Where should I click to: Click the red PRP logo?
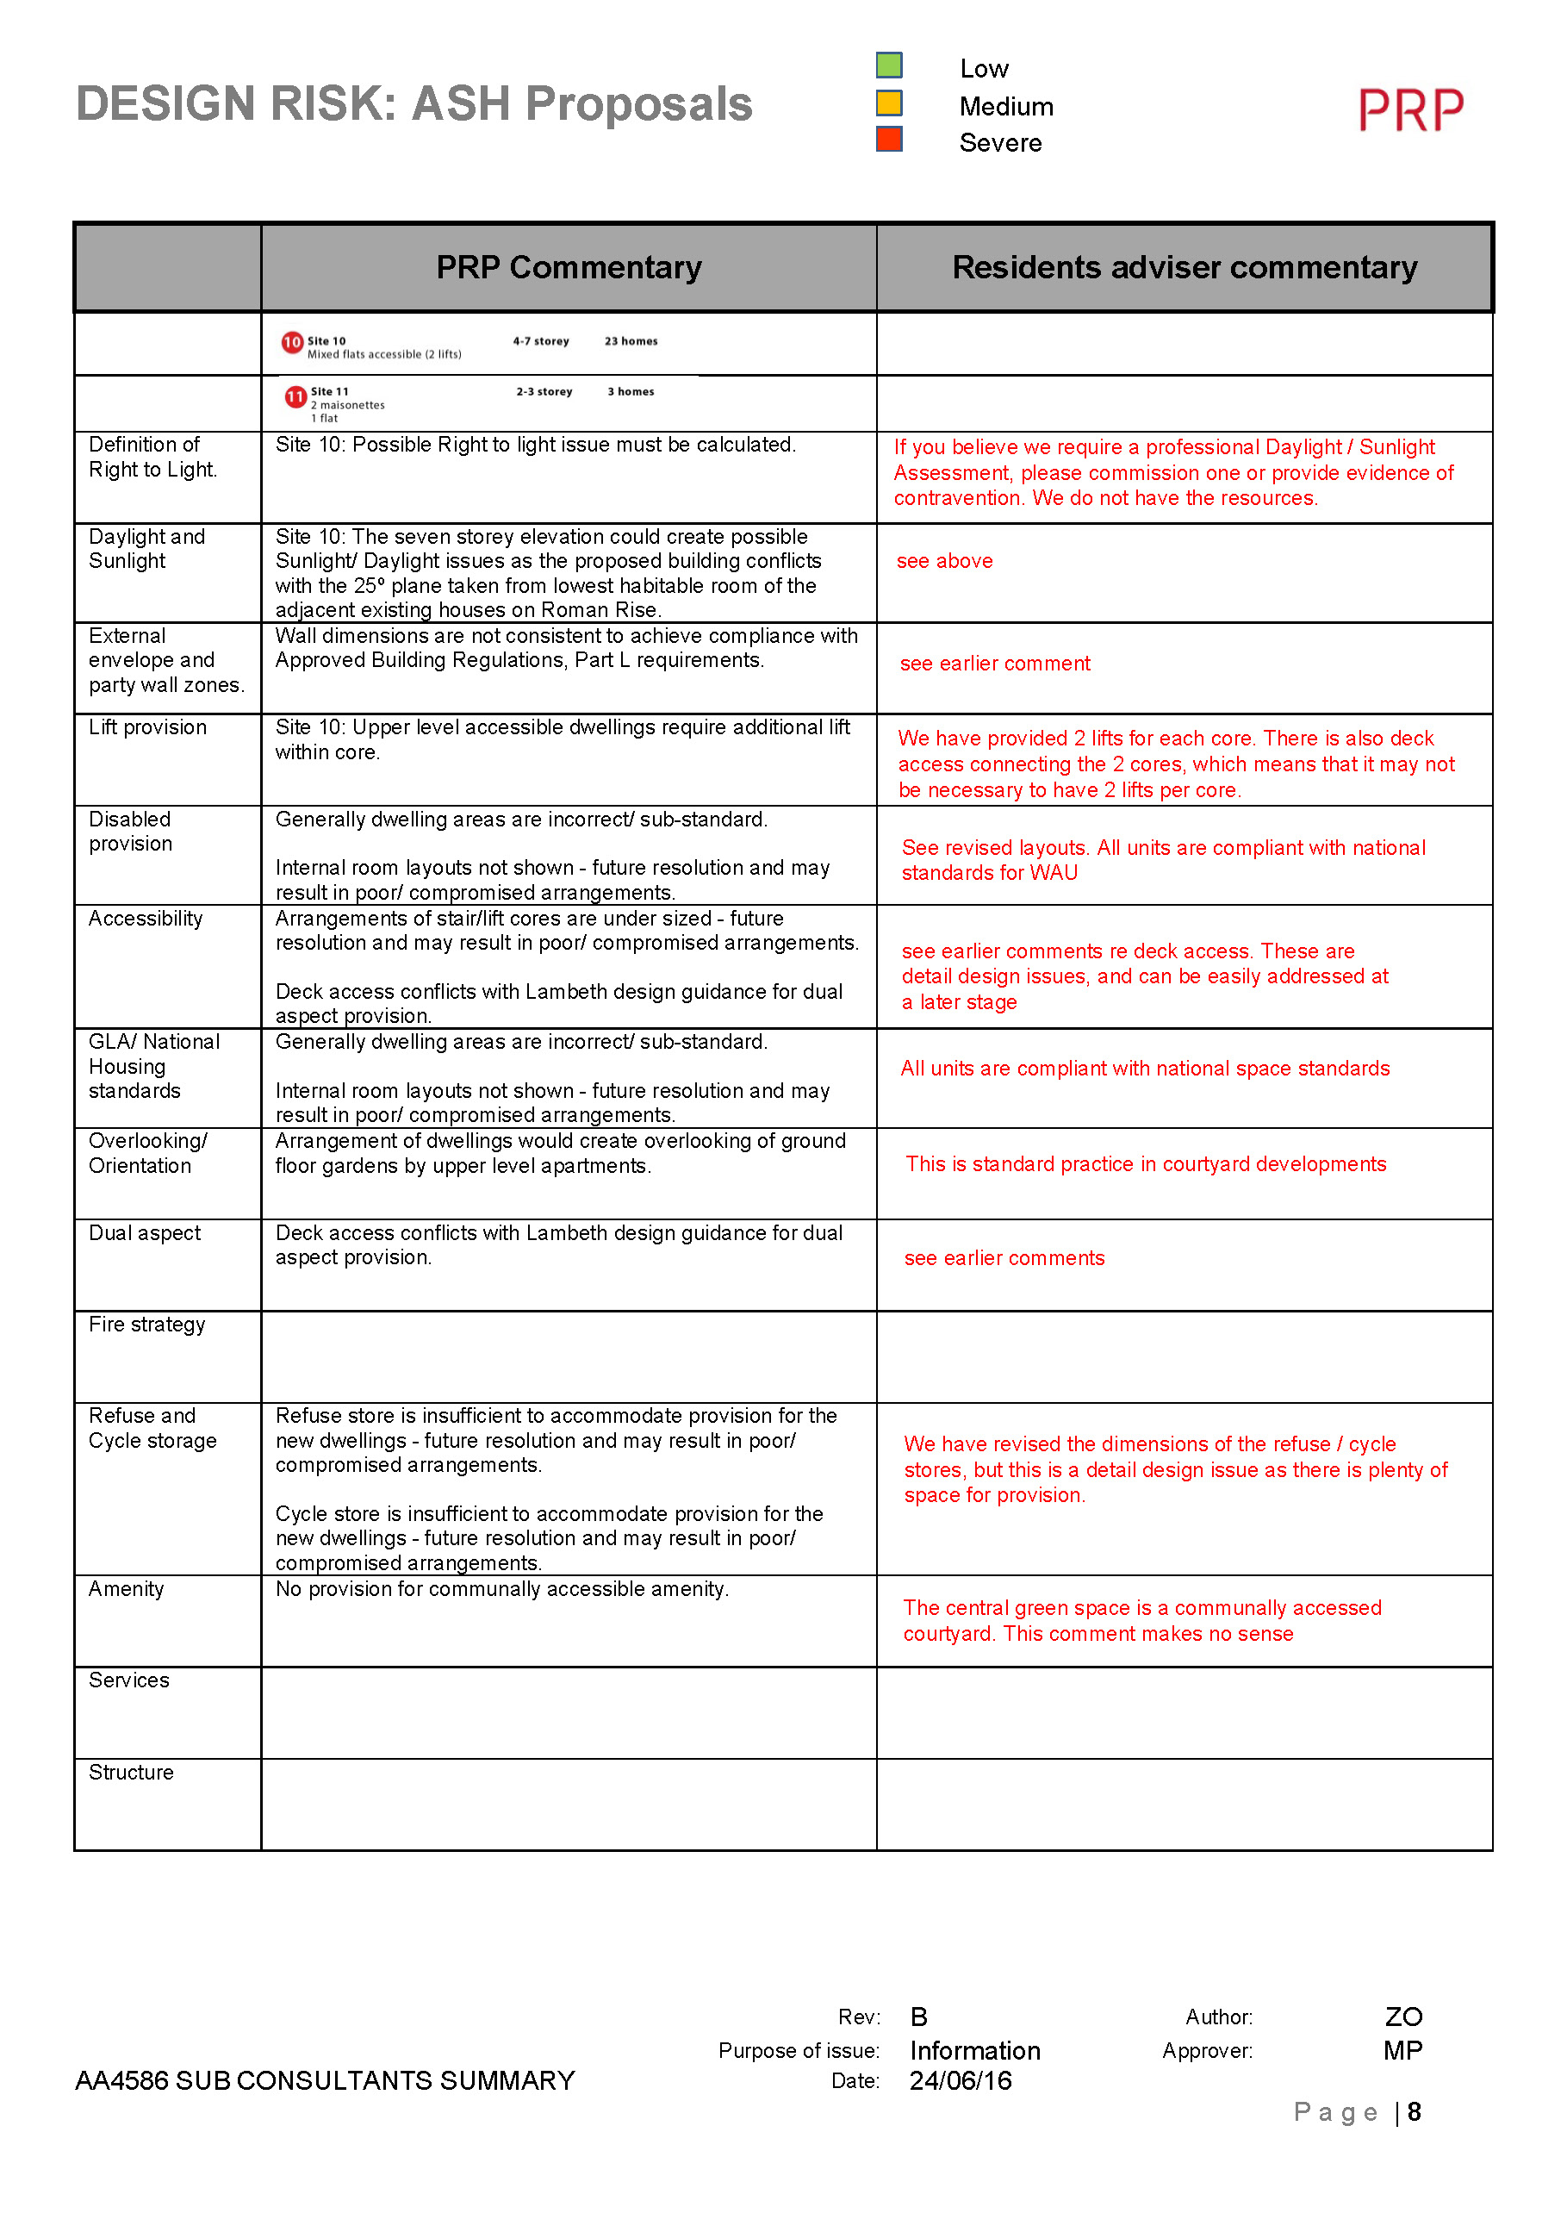tap(1410, 109)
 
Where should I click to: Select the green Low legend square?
tap(889, 65)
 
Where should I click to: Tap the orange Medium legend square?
tap(889, 103)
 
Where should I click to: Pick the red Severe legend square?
tap(889, 140)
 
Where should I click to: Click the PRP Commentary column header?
tap(569, 267)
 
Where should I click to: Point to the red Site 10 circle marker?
tap(292, 342)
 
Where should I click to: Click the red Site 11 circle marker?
tap(295, 396)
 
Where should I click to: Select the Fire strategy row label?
tap(147, 1324)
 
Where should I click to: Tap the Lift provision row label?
tap(147, 727)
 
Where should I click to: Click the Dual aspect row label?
tap(144, 1233)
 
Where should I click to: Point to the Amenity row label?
tap(126, 1589)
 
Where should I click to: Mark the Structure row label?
tap(131, 1772)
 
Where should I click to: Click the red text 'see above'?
tap(944, 562)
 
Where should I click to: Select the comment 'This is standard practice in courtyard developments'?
tap(1145, 1164)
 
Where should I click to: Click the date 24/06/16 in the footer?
tap(960, 2081)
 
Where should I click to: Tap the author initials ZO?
tap(1403, 2017)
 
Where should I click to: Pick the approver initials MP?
tap(1402, 2051)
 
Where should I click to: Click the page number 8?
tap(1414, 2112)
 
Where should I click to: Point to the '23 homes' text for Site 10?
tap(631, 341)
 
